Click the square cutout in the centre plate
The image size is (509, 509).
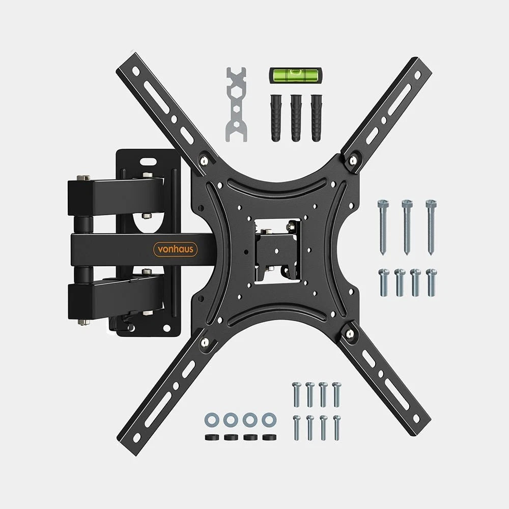click(x=279, y=249)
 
